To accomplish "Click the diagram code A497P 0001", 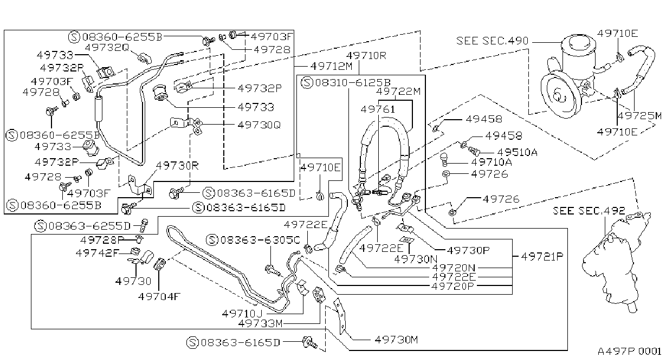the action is click(x=630, y=352).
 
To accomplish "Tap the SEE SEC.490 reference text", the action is click(x=493, y=41).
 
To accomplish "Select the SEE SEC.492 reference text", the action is click(x=589, y=211).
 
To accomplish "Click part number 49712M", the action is click(x=332, y=66).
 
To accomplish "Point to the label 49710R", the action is click(x=366, y=55).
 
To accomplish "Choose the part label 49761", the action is click(x=378, y=109).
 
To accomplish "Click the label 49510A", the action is click(x=518, y=152).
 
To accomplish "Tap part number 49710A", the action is click(x=492, y=162).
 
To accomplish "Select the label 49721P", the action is click(x=542, y=256).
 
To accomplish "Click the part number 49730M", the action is click(x=396, y=339).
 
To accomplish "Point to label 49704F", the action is click(x=159, y=296).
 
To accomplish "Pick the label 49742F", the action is click(x=97, y=253).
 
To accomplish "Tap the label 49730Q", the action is click(x=259, y=125).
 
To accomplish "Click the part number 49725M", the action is click(x=640, y=115).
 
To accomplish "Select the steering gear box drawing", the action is click(x=615, y=262).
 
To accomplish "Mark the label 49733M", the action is click(x=261, y=323).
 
